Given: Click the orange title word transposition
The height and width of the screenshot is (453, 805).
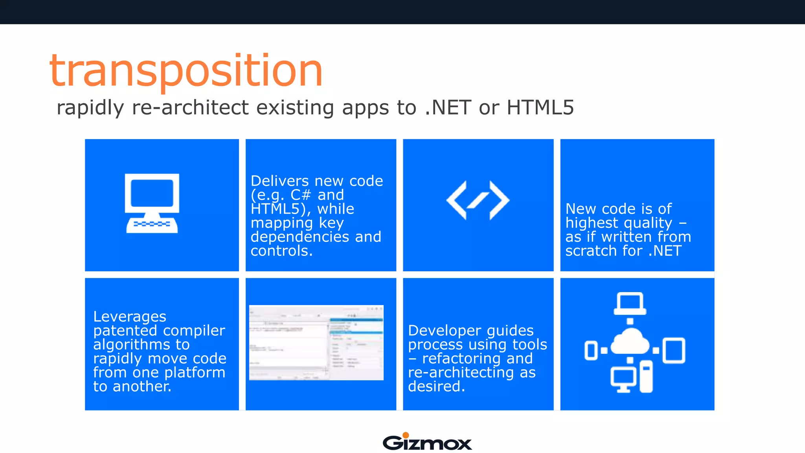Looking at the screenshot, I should coord(186,71).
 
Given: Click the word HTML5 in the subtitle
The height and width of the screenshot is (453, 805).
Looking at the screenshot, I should coord(540,107).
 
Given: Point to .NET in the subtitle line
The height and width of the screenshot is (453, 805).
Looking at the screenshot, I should coord(448,107).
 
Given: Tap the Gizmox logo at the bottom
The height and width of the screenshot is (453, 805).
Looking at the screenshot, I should coord(427,442).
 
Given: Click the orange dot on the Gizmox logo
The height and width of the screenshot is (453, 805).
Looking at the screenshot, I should coord(406,435).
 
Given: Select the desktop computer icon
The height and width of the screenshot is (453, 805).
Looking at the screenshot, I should coord(152,203).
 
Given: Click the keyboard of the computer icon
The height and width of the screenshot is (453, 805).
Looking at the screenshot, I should coord(152,225).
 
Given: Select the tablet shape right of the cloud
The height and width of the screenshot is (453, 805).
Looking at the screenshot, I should coord(674,350).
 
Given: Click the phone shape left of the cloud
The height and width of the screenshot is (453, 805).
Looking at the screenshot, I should coord(591,350).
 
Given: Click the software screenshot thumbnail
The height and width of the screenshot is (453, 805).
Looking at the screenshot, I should coord(316,343).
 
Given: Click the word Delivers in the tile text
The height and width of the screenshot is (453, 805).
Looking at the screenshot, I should coord(279,181).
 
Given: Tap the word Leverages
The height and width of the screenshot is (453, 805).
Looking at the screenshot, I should coord(130,317).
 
